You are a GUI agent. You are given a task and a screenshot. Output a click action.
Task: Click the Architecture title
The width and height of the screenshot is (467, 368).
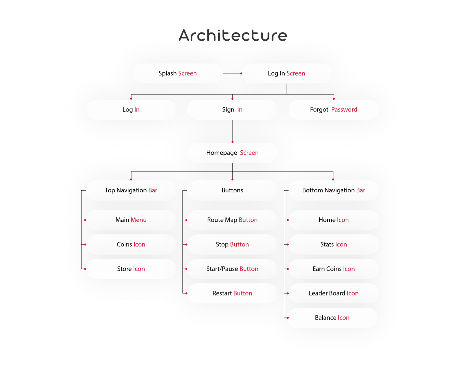pyautogui.click(x=233, y=36)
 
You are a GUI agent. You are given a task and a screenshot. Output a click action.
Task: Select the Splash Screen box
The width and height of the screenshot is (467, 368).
pyautogui.click(x=178, y=73)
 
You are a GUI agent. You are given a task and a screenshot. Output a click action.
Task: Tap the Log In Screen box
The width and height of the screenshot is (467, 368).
pyautogui.click(x=287, y=73)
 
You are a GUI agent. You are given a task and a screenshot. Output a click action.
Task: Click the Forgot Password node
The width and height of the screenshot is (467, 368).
pyautogui.click(x=333, y=110)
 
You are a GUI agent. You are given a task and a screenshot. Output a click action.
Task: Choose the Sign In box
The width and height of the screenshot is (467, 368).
pyautogui.click(x=232, y=110)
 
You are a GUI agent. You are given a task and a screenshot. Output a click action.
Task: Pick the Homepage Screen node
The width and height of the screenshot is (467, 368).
pyautogui.click(x=232, y=153)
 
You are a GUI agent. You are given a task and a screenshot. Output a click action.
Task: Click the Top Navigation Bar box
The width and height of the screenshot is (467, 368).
pyautogui.click(x=131, y=190)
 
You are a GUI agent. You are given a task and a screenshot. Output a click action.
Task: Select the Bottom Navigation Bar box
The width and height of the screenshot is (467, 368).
pyautogui.click(x=333, y=190)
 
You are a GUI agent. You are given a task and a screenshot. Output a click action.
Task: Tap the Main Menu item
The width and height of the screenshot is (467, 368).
pyautogui.click(x=131, y=220)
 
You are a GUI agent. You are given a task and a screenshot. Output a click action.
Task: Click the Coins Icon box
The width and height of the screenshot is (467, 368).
pyautogui.click(x=131, y=244)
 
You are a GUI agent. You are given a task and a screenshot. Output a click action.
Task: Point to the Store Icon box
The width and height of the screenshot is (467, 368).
pyautogui.click(x=131, y=269)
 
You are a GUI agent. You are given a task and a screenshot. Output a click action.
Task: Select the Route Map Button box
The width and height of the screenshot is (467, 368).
pyautogui.click(x=232, y=220)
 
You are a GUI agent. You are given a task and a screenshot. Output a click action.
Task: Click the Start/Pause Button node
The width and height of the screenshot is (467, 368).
pyautogui.click(x=232, y=269)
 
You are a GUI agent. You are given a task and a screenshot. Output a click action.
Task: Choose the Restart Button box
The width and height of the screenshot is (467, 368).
pyautogui.click(x=232, y=293)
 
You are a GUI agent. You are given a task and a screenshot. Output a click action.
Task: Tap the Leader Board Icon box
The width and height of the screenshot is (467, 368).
pyautogui.click(x=333, y=293)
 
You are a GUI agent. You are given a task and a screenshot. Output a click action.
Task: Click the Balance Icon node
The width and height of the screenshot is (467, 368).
pyautogui.click(x=332, y=318)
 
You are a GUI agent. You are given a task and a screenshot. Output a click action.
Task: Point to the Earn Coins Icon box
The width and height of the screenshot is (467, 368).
pyautogui.click(x=333, y=269)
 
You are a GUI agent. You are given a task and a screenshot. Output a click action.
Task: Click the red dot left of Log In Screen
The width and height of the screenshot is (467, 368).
pyautogui.click(x=241, y=73)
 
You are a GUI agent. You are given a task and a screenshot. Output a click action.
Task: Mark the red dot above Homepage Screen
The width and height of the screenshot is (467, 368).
pyautogui.click(x=232, y=142)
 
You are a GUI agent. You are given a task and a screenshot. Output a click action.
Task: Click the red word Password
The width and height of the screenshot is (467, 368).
pyautogui.click(x=344, y=110)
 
